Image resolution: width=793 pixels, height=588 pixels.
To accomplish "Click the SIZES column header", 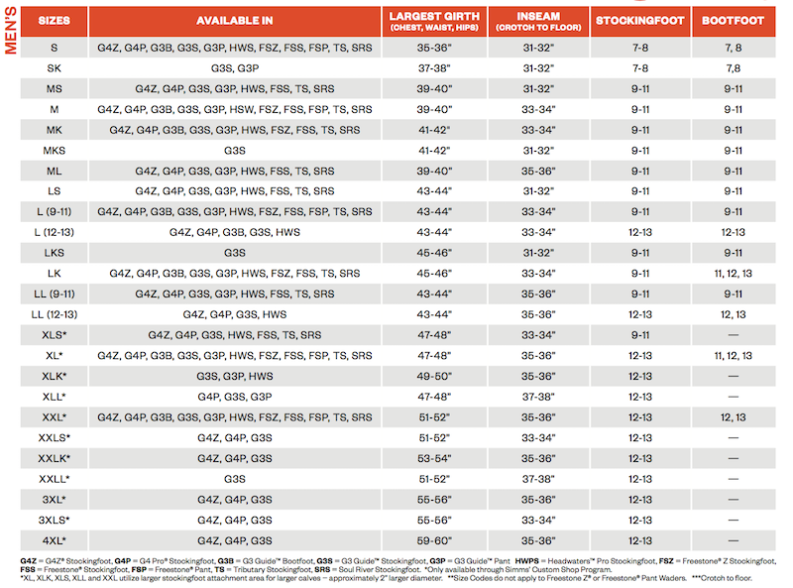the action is [x=55, y=21].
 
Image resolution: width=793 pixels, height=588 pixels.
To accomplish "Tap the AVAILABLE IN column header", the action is [x=235, y=21].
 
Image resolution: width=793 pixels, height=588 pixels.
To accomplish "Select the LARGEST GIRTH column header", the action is [x=434, y=21].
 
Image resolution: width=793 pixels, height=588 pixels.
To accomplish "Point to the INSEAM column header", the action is [x=538, y=21].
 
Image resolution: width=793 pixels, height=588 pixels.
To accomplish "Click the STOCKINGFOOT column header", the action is [x=640, y=21].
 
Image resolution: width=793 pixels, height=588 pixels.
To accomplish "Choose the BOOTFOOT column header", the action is [x=733, y=21].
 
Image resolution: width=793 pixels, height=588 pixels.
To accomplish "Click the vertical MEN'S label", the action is [x=11, y=31].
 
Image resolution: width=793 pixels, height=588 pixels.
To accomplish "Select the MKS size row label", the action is [x=55, y=151].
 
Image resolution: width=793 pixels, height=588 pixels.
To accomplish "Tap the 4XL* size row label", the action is [x=55, y=540].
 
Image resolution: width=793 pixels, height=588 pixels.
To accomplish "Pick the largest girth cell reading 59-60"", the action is [x=434, y=540].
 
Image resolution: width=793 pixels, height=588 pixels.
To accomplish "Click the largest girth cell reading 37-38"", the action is [x=434, y=68].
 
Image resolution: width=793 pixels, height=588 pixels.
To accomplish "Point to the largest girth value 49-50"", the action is [x=434, y=376].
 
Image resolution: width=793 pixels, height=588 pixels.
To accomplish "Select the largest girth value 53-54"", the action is [x=434, y=458].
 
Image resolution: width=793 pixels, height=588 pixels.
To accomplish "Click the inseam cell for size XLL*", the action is [x=538, y=397].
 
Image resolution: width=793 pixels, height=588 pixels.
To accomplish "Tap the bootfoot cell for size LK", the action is [x=733, y=274].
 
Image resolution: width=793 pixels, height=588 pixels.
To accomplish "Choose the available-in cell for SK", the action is [x=235, y=68].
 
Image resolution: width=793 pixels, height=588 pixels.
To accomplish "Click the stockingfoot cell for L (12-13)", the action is [x=640, y=232].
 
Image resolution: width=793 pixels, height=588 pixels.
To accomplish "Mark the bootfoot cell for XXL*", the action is [x=733, y=417].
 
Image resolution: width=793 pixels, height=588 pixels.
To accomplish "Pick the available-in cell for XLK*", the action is [x=235, y=376].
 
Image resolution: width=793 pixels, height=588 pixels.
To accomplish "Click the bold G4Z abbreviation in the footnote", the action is [x=29, y=560].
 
